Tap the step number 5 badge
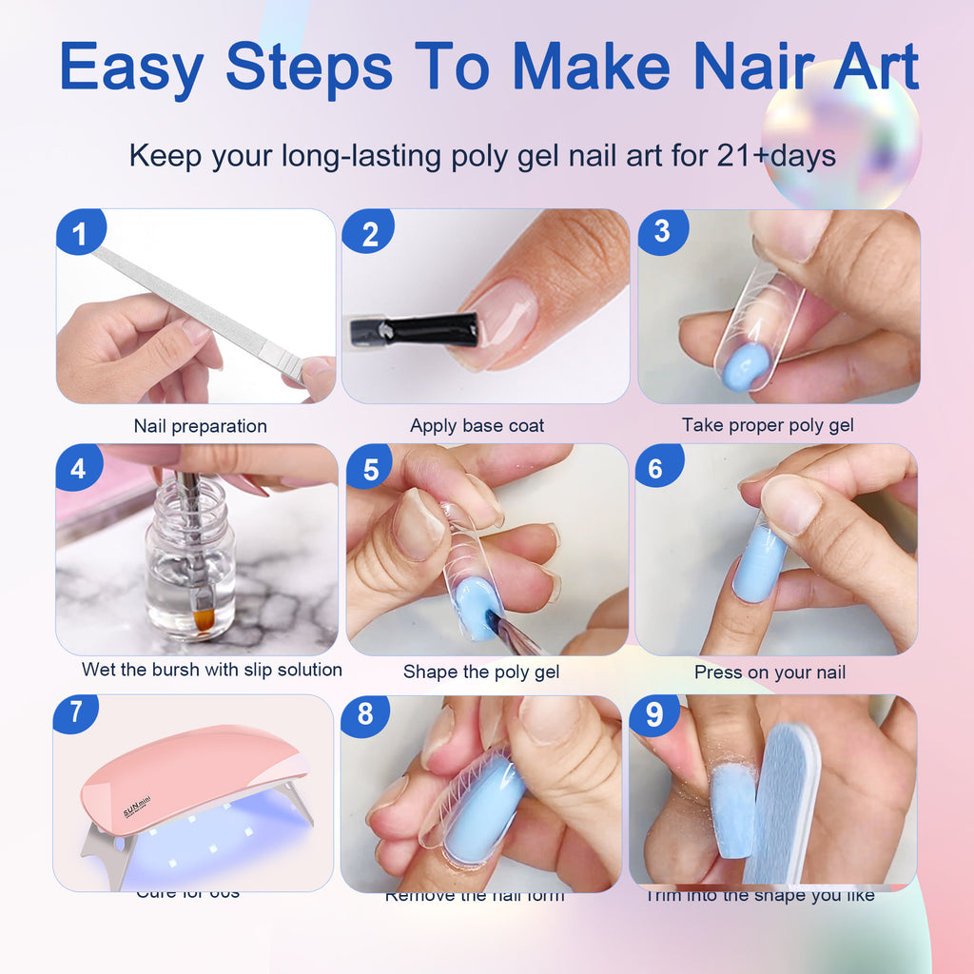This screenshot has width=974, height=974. pos(370,468)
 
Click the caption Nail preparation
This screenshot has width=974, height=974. pos(200,426)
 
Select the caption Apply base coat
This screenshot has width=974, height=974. pos(477,426)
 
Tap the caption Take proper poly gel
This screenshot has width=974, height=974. pos(768,425)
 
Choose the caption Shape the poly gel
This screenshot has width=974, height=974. pos(481,672)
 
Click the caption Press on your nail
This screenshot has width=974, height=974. pos(769,672)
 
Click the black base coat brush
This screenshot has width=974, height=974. pos(414,330)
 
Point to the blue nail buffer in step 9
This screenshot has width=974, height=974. pos(783,799)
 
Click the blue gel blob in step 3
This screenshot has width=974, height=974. pos(745,367)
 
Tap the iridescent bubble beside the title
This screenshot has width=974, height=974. pos(841,133)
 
